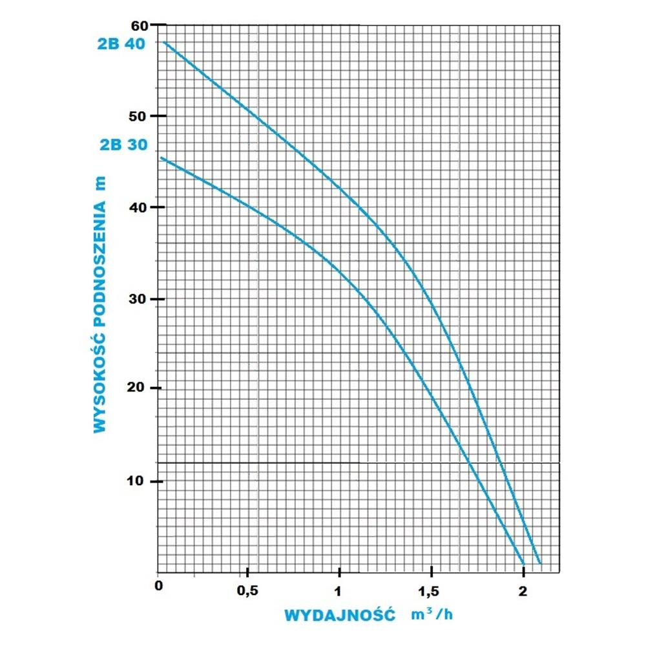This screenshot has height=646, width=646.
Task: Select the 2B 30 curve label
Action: click(x=125, y=145)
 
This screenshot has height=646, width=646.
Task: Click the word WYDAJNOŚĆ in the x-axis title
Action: click(x=339, y=614)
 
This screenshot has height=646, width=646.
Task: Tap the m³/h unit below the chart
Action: click(x=432, y=614)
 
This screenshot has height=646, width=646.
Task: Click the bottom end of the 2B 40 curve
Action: click(x=539, y=563)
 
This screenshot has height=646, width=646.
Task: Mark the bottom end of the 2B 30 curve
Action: click(x=522, y=563)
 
